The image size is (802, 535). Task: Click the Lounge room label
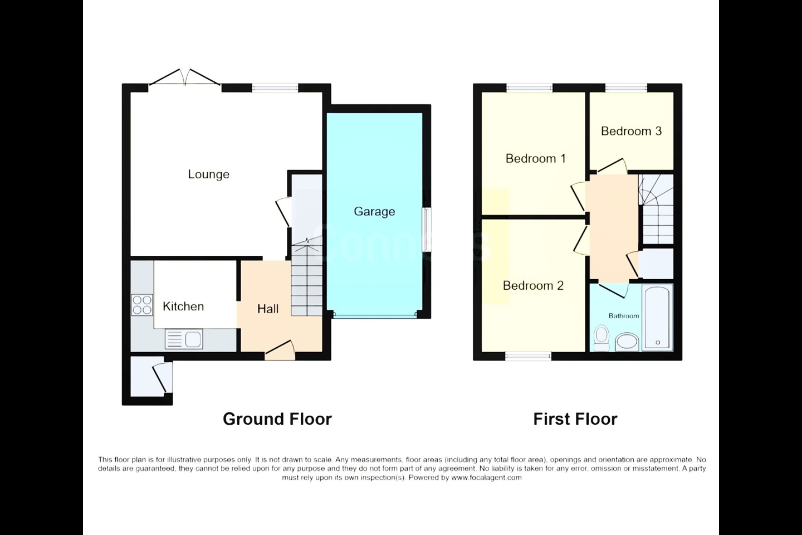pos(208,174)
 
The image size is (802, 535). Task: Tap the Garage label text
pos(374,211)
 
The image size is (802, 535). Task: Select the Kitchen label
pos(183,307)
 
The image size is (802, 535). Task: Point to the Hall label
pos(268,309)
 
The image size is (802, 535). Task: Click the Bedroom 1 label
pos(535,158)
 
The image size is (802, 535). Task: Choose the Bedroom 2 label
pos(533,285)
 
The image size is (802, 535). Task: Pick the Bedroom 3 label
pos(631,131)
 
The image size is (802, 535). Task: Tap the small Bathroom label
pos(624,315)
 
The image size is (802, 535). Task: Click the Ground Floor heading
pos(277,419)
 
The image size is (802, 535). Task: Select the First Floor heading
pos(575,419)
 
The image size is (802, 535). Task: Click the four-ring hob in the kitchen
pos(142,305)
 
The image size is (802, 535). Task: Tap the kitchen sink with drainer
pos(184,339)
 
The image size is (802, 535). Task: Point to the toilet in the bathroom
pos(601,338)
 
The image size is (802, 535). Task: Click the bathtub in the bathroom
pos(657,318)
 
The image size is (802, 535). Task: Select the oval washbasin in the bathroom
pos(627,342)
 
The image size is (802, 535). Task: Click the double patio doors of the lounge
pos(185,78)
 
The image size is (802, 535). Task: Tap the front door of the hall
pos(280,351)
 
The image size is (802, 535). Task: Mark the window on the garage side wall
pos(427,230)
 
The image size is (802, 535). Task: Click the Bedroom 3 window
pos(626,88)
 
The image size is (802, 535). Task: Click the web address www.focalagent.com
pos(486,478)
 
